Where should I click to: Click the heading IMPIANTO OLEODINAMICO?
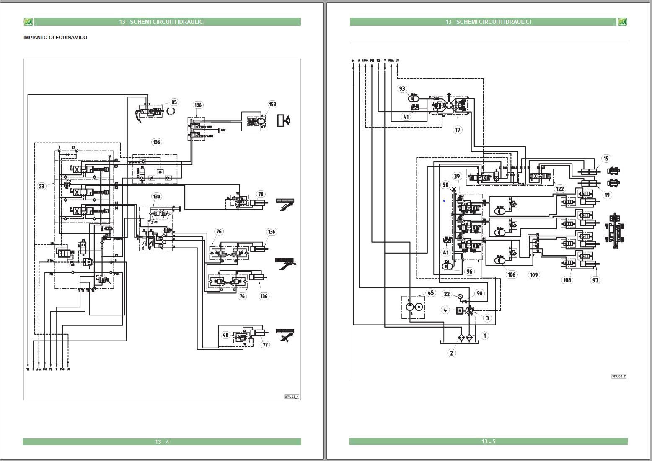[x=55, y=38]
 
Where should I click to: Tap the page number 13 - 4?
[x=162, y=442]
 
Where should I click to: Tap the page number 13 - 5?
[x=488, y=441]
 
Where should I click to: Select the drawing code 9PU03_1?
[x=292, y=397]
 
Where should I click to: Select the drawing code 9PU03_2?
[x=618, y=376]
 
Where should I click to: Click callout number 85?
[x=174, y=102]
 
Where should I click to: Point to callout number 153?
[x=272, y=104]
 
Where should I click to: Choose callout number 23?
[x=41, y=186]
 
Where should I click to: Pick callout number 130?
[x=156, y=196]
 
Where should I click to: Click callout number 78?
[x=261, y=194]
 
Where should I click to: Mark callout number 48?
[x=226, y=335]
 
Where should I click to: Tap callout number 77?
[x=265, y=345]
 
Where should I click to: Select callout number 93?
[x=402, y=89]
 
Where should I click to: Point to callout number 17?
[x=458, y=130]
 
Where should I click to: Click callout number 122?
[x=560, y=189]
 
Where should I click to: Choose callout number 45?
[x=431, y=293]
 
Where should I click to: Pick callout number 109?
[x=534, y=275]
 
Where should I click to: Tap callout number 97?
[x=595, y=280]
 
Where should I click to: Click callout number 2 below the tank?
[x=451, y=353]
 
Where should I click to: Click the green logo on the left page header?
[x=28, y=22]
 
